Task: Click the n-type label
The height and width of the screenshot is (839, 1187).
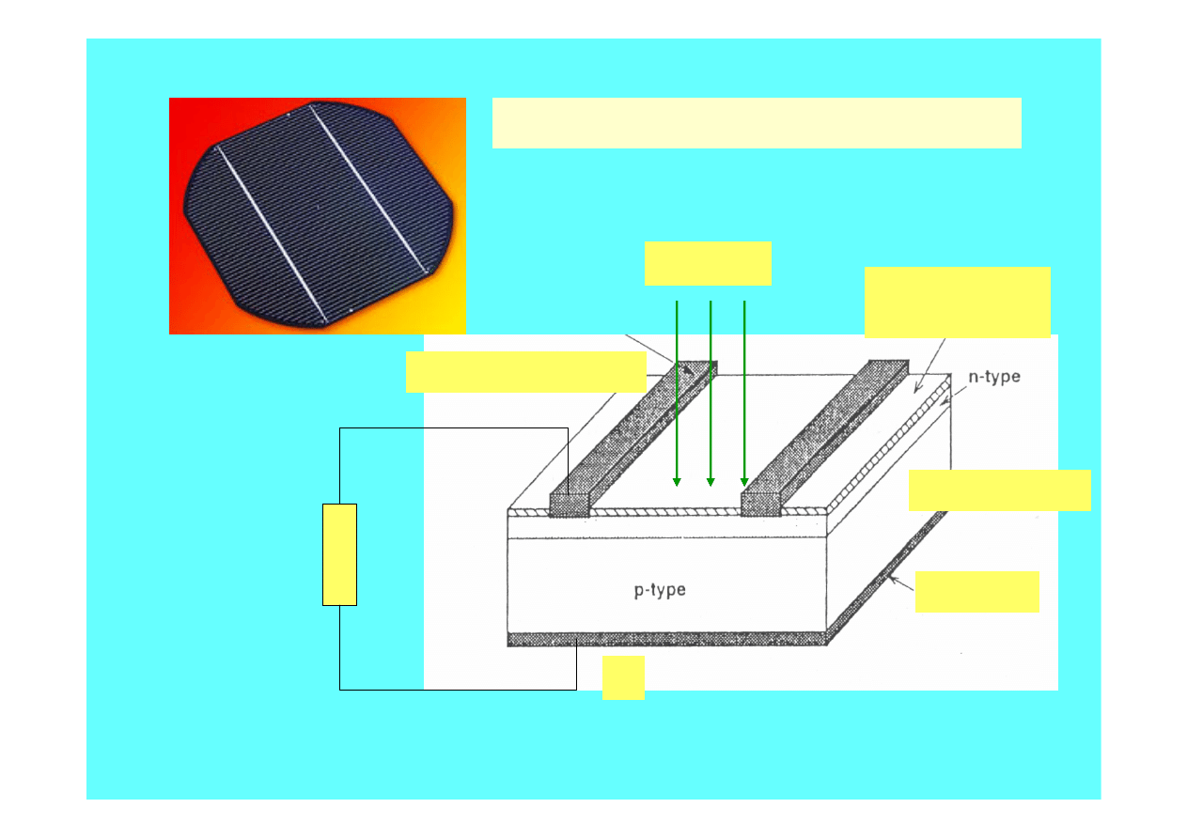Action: pyautogui.click(x=994, y=377)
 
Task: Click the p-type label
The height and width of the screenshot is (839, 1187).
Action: pyautogui.click(x=660, y=590)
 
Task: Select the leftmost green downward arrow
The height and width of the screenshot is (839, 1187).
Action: pyautogui.click(x=677, y=393)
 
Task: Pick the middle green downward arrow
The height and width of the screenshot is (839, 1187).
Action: pyautogui.click(x=711, y=393)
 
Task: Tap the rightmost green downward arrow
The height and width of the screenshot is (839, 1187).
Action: pyautogui.click(x=744, y=393)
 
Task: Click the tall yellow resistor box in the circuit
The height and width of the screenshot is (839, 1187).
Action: pyautogui.click(x=339, y=554)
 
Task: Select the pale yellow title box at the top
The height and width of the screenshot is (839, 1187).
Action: pyautogui.click(x=757, y=123)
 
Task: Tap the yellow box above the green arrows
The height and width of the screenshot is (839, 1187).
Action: pyautogui.click(x=708, y=264)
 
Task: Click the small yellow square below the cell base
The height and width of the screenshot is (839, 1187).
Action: pyautogui.click(x=623, y=678)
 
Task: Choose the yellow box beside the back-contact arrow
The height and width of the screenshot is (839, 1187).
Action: pyautogui.click(x=977, y=592)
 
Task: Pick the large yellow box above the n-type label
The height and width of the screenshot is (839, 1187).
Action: pyautogui.click(x=958, y=303)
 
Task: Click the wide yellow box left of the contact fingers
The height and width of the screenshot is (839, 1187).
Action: pyautogui.click(x=525, y=372)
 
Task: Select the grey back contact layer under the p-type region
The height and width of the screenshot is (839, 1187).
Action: pyautogui.click(x=666, y=639)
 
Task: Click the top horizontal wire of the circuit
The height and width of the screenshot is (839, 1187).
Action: pyautogui.click(x=454, y=428)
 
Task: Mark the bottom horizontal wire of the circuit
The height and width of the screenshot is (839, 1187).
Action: pyautogui.click(x=458, y=690)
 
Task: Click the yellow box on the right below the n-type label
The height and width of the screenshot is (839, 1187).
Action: pyautogui.click(x=1000, y=490)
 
